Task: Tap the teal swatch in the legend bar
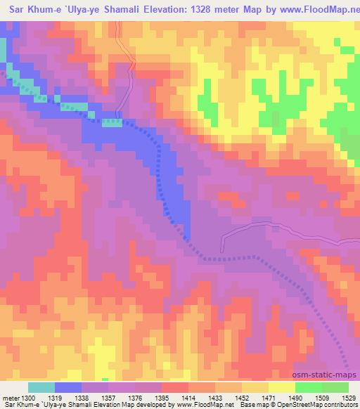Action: pos(41,388)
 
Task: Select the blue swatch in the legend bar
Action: pos(68,388)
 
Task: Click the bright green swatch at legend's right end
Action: pos(335,388)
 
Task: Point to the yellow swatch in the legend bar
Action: pos(282,388)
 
